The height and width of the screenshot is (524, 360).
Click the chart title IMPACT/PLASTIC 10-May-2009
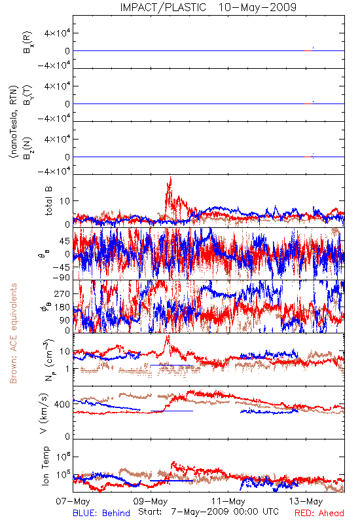tap(208, 7)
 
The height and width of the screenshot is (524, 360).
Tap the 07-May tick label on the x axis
tap(73, 501)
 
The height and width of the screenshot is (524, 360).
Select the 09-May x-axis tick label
tap(151, 501)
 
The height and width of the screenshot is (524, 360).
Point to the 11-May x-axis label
tap(228, 501)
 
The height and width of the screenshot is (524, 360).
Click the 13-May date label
tap(306, 501)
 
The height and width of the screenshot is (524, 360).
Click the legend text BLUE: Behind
tap(101, 513)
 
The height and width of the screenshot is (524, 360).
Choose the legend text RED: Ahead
tap(319, 513)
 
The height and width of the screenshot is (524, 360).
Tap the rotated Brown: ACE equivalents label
tap(13, 333)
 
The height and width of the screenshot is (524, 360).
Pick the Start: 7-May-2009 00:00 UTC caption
tap(208, 512)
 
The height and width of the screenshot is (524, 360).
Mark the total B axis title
tap(48, 201)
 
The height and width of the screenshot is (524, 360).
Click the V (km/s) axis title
tap(44, 413)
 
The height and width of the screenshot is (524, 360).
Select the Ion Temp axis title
tap(45, 466)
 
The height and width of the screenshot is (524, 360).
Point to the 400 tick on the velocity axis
tap(62, 404)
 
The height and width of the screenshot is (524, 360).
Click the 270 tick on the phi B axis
tap(62, 293)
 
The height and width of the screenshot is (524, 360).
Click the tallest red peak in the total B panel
tap(171, 178)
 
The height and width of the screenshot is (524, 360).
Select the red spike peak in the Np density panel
tap(168, 337)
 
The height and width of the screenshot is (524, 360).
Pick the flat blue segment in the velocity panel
tap(171, 411)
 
